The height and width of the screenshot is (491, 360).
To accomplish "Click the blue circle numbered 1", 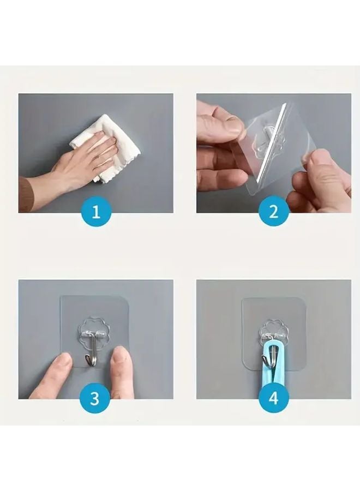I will [96, 212].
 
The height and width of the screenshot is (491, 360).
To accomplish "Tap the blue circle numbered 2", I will [273, 212].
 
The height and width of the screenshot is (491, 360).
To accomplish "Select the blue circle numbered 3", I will [95, 398].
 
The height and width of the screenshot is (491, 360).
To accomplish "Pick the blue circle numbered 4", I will [273, 398].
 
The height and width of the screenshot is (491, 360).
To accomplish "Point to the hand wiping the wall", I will [87, 161].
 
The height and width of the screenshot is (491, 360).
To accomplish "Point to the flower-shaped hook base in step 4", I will [272, 330].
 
